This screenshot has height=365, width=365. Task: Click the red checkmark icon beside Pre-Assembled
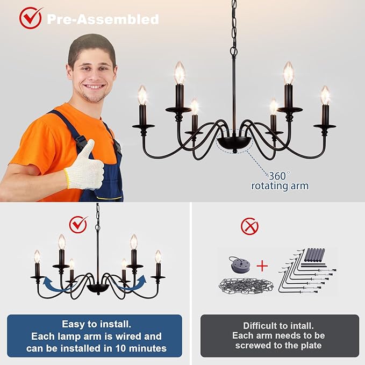point(31,18)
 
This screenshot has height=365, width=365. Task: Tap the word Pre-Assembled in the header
point(102,19)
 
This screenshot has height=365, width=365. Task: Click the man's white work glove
point(85,167)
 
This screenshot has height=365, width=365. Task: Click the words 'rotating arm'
point(280,186)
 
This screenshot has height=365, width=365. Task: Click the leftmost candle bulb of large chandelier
point(142,95)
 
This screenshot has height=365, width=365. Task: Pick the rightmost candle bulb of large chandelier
point(325,95)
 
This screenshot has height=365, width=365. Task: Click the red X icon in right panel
point(249,226)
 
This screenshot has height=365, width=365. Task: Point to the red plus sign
point(262,266)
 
